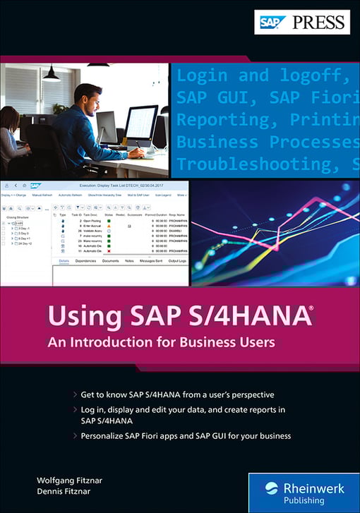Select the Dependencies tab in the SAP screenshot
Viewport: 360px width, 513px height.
85,261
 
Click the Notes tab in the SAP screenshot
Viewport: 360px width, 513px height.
129,261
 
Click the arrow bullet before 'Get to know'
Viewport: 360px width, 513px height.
75,394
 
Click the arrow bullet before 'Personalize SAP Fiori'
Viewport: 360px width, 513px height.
75,435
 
